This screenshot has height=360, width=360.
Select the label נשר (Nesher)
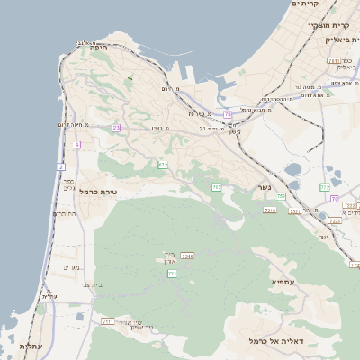pos(264,187)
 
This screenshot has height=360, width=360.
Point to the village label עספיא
pos(283,282)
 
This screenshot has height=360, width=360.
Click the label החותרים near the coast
pos(66,213)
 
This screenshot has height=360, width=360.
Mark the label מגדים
pos(72,267)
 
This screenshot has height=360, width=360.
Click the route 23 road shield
pos(116,129)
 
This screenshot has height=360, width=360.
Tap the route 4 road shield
pos(77,144)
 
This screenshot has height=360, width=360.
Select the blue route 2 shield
pos(61,166)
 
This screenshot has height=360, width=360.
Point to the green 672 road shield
pos(163,165)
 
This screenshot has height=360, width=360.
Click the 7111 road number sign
pos(108,321)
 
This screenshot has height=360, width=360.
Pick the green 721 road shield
pos(171,273)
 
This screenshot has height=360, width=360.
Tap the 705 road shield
pos(217,186)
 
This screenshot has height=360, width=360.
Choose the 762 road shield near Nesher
pos(281,195)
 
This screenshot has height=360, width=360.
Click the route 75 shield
pos(229,115)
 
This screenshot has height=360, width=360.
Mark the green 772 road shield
pos(325,187)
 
